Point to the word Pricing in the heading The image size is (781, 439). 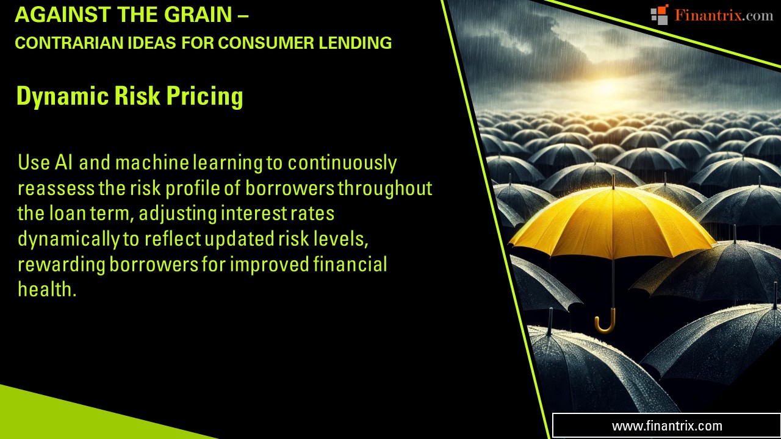tap(210, 97)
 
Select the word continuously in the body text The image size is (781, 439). tap(342, 163)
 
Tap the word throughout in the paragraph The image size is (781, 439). tap(385, 188)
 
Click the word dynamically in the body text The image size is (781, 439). tap(69, 239)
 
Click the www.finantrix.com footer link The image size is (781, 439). tap(667, 426)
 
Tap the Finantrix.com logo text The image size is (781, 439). tap(724, 15)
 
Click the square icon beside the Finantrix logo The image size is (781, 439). tap(660, 15)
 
